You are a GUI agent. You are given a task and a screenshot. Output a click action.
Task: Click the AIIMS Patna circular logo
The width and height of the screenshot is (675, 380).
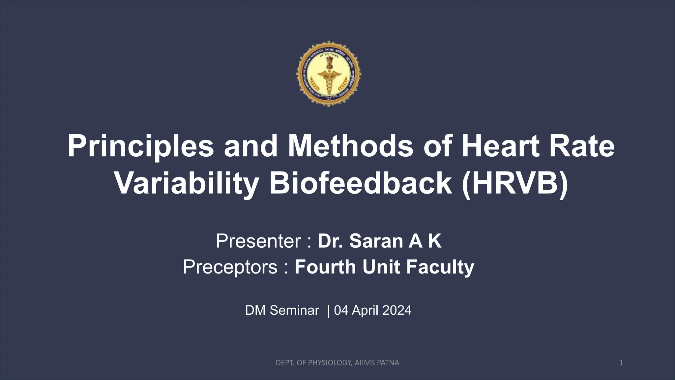pyautogui.click(x=328, y=73)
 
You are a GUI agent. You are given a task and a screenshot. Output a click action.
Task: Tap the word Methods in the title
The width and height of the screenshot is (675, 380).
pyautogui.click(x=350, y=146)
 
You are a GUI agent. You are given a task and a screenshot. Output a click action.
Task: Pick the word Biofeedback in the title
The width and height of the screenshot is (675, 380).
pyautogui.click(x=361, y=183)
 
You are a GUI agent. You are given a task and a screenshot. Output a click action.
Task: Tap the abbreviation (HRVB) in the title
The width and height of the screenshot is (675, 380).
pyautogui.click(x=515, y=183)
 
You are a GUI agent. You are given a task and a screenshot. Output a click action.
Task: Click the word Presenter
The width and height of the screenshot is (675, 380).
pyautogui.click(x=258, y=241)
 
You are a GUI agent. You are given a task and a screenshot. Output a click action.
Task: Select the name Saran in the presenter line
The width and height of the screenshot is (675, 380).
pyautogui.click(x=376, y=241)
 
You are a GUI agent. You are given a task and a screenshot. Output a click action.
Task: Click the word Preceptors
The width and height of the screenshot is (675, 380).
pyautogui.click(x=230, y=267)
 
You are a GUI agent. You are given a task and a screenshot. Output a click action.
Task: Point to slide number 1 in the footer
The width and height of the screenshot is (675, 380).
pyautogui.click(x=621, y=363)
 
